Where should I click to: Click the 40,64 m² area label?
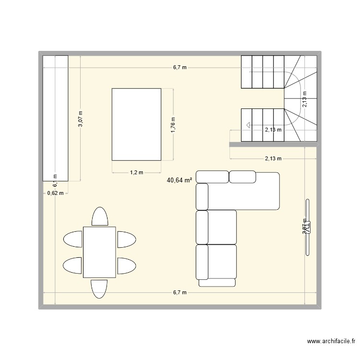tap(180, 180)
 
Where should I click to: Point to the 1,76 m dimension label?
tap(173, 124)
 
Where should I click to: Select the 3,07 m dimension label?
tap(81, 119)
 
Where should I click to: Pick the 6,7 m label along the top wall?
tap(180, 68)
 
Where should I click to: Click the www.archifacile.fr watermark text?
tap(331, 342)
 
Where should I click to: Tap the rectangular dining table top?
tap(99, 252)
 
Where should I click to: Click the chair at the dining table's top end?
tap(99, 216)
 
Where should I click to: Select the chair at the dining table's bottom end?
tap(99, 288)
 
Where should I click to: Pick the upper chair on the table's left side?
tap(73, 239)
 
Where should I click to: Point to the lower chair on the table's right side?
tap(126, 264)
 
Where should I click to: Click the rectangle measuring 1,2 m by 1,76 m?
tap(136, 124)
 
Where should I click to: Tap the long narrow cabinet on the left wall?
tap(55, 118)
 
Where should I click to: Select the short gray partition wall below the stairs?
tap(273, 144)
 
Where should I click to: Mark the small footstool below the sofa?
tap(217, 283)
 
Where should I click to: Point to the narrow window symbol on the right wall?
tap(307, 227)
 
